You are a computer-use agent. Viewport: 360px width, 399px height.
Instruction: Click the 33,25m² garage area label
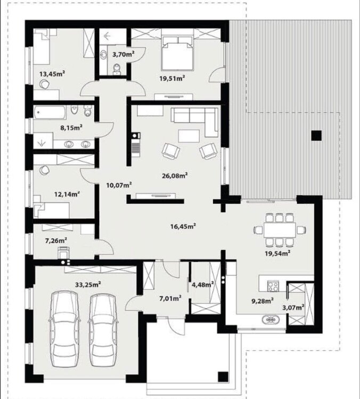[88, 284]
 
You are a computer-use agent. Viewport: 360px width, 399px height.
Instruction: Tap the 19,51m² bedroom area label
[172, 78]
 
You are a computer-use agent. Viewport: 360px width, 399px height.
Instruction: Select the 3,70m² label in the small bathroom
[124, 54]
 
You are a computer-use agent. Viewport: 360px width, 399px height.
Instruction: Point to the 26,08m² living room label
[175, 176]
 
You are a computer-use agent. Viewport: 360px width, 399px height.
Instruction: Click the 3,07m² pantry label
[293, 307]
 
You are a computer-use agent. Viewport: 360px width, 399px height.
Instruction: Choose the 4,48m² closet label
[203, 285]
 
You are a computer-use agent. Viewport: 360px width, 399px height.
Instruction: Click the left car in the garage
[64, 329]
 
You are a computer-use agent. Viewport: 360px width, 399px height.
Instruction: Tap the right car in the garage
[103, 329]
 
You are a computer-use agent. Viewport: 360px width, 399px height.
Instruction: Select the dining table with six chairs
[280, 230]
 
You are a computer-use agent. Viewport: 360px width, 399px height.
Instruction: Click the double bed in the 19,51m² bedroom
[177, 53]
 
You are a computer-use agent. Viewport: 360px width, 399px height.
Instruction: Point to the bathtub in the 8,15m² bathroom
[49, 112]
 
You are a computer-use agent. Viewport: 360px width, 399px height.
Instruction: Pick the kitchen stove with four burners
[273, 286]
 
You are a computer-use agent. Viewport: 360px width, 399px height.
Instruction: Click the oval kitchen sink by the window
[271, 320]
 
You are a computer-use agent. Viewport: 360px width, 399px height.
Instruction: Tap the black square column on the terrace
[316, 135]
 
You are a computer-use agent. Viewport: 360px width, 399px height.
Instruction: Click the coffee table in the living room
[189, 136]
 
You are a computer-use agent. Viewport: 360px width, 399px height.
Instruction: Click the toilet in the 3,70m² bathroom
[117, 69]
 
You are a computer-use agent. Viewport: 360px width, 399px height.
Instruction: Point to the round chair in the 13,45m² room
[44, 84]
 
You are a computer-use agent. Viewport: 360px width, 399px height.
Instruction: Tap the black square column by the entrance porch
[223, 377]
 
